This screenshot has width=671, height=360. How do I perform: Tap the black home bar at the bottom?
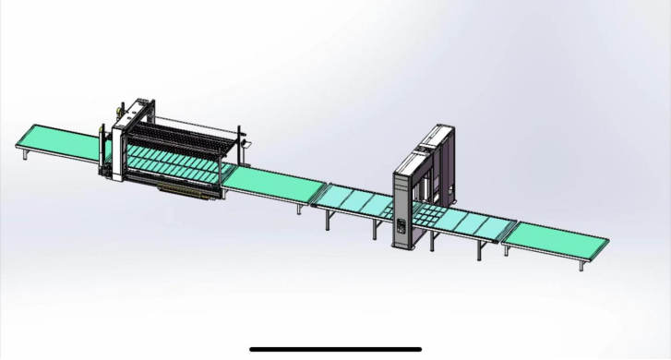335,349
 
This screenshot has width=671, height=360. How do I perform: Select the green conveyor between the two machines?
269,186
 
